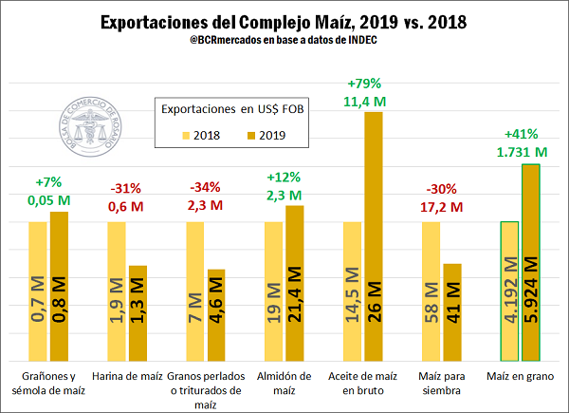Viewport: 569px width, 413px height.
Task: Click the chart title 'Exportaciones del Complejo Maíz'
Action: point(284,21)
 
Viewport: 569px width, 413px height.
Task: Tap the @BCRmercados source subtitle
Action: point(284,43)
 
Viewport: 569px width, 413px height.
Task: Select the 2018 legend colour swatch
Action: point(187,135)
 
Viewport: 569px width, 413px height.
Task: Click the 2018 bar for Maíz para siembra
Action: point(431,291)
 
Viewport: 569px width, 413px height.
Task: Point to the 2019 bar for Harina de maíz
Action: point(138,312)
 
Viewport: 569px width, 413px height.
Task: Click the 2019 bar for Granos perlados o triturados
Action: point(214,314)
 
